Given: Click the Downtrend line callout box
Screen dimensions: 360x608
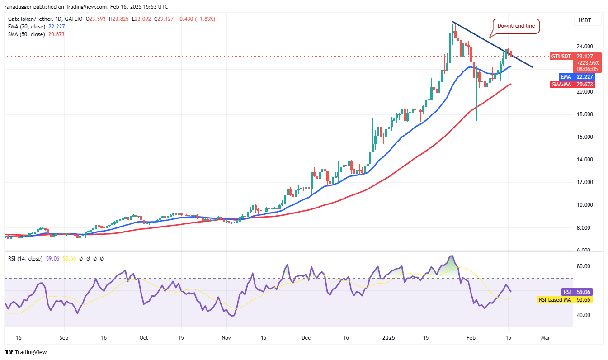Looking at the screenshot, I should coord(516,26).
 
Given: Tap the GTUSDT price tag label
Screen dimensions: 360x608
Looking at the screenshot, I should coord(561,57).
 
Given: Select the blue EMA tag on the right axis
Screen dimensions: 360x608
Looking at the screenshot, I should coord(565,77).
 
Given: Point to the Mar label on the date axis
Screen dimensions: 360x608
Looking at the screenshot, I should coord(546,337).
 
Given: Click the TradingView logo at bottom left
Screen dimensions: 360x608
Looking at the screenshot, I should coord(26,352).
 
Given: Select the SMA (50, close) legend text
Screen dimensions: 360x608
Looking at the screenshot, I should coord(26,34).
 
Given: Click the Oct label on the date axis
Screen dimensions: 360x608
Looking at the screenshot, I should coord(144,337).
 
